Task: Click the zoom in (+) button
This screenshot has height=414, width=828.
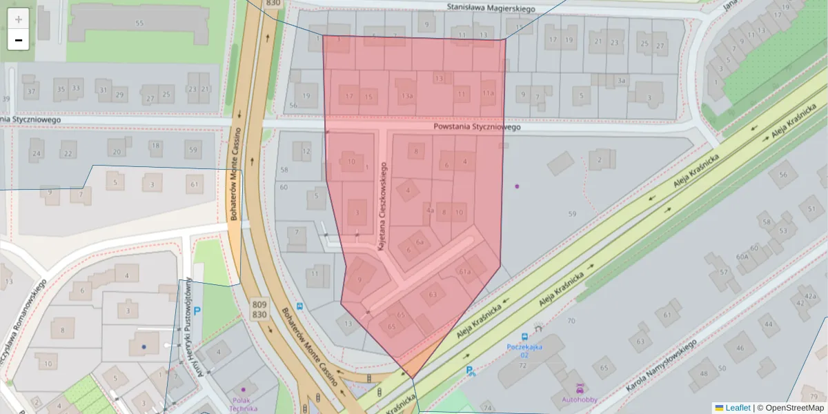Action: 19,19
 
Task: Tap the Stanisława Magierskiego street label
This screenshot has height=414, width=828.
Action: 491,8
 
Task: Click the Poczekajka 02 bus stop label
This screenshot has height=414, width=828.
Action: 526,350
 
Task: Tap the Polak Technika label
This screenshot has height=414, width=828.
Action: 244,404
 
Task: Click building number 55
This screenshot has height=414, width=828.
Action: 139,23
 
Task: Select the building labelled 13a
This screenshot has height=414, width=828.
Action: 406,96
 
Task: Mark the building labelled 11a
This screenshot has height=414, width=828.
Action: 488,93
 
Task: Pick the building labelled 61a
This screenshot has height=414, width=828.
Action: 464,272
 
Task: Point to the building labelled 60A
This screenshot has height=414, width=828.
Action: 742,256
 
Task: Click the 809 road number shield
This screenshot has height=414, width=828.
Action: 259,304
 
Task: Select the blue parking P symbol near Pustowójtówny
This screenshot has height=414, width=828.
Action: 197,311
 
